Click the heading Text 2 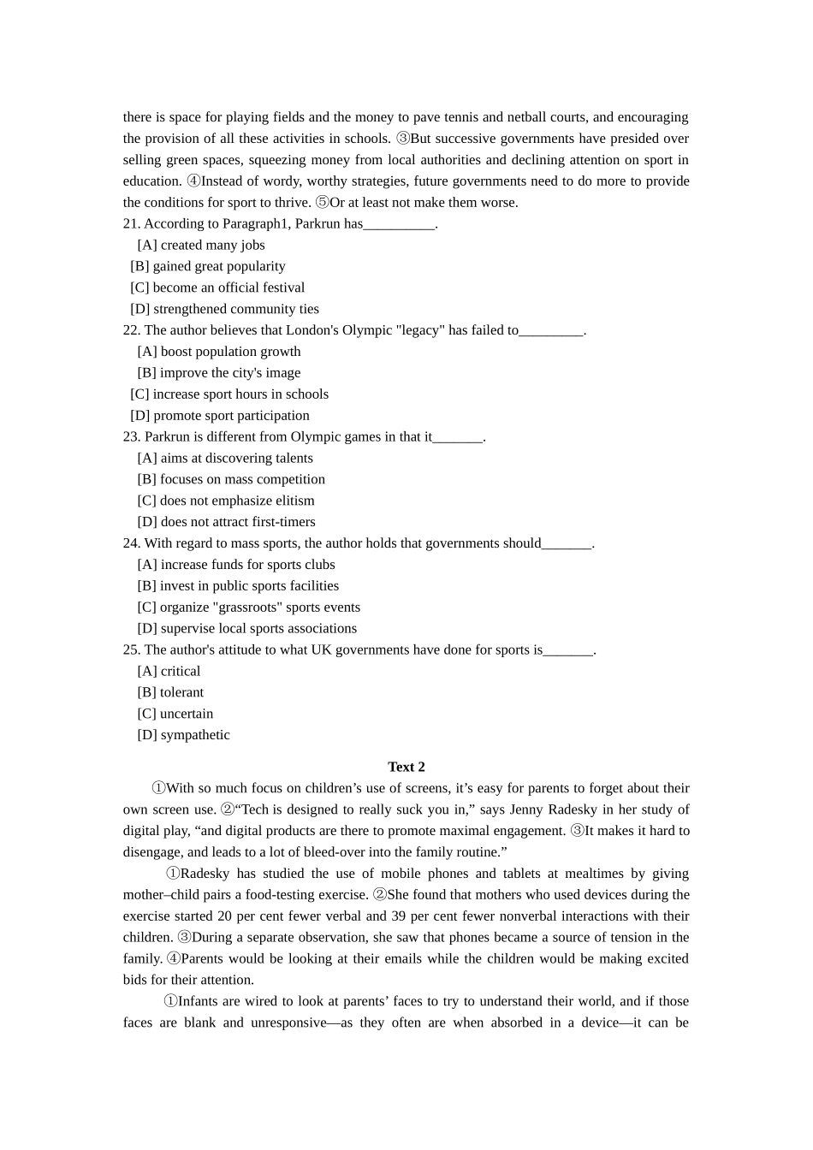[406, 767]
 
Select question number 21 [132, 224]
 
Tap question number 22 [132, 330]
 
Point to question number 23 [132, 437]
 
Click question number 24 [132, 543]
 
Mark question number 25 [132, 650]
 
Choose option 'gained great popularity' [218, 267]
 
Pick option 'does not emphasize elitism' [236, 501]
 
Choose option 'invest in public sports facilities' [248, 586]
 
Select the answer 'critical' [180, 672]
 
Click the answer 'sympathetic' [194, 735]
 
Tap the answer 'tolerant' [181, 693]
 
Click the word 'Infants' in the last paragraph [199, 1001]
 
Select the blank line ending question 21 [400, 226]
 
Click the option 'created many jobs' [212, 246]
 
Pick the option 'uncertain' [186, 714]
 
